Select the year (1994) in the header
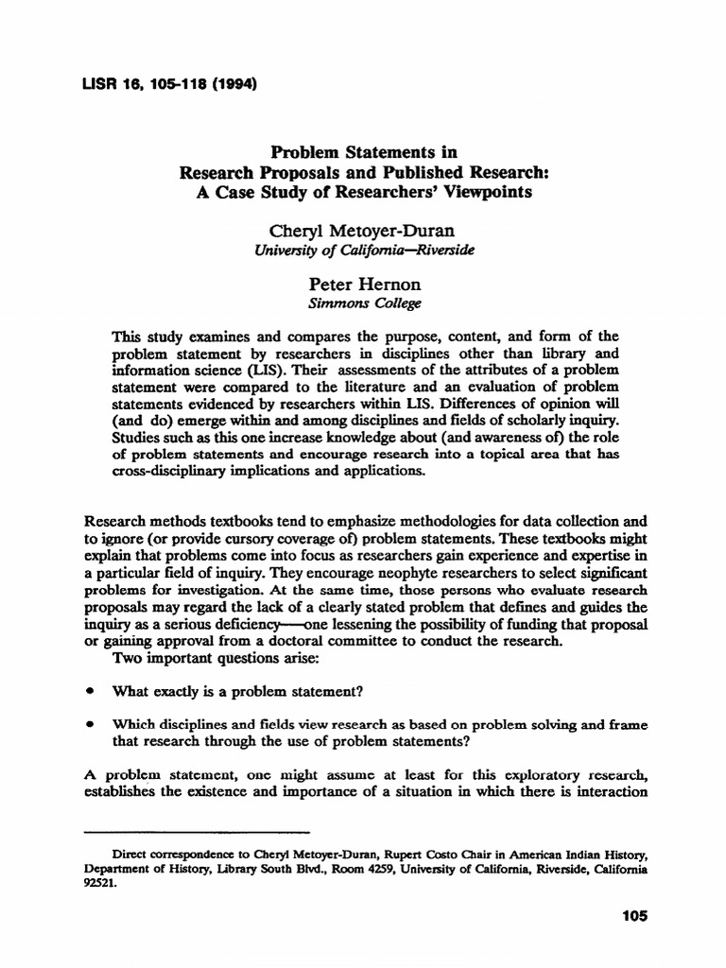coord(231,82)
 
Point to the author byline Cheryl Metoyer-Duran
coord(362,233)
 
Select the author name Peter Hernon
coord(362,285)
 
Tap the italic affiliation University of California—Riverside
coord(362,251)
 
